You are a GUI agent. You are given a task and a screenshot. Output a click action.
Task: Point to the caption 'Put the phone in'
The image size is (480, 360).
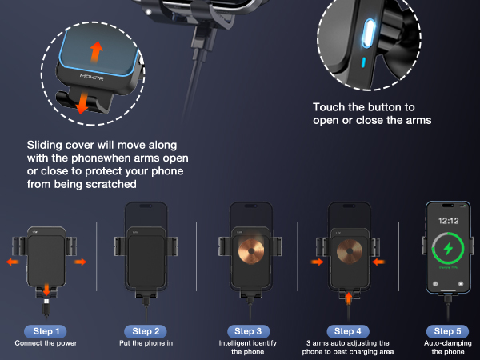point(146,343)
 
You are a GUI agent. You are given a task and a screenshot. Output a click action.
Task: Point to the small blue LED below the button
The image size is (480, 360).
point(363,62)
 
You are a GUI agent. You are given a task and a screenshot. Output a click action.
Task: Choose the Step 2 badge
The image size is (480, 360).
point(146,330)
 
